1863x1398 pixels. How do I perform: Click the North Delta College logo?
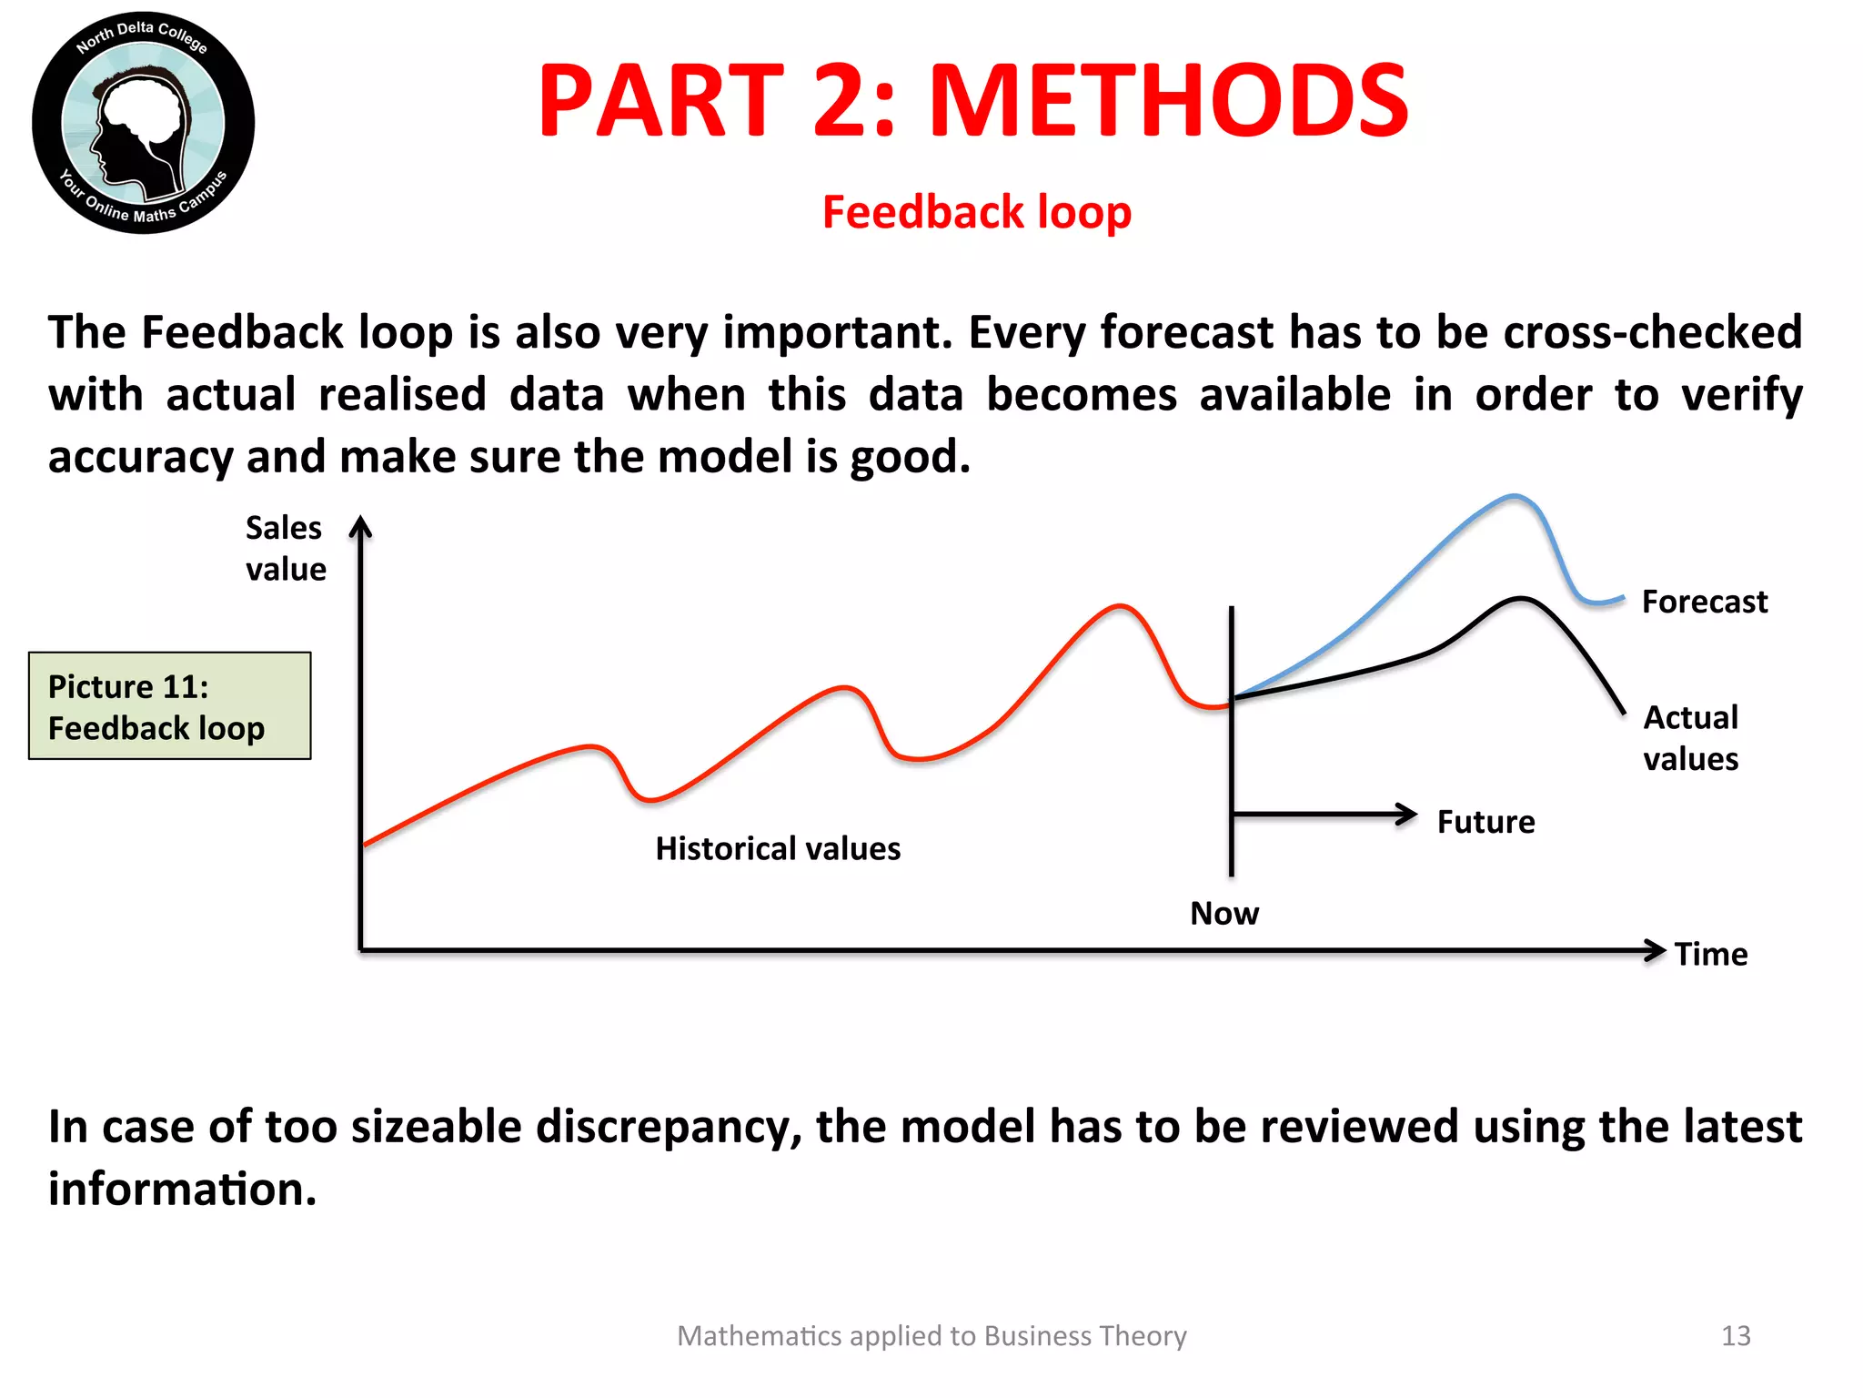point(143,123)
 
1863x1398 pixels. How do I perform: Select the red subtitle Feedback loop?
point(976,212)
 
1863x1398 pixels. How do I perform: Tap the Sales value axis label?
point(285,548)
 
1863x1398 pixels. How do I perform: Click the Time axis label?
point(1710,954)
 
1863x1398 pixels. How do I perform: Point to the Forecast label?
point(1704,602)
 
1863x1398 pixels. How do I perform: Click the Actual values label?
point(1690,737)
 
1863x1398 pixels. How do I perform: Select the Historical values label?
point(778,848)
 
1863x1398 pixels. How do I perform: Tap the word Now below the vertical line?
point(1224,913)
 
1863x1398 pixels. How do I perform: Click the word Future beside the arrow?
point(1485,822)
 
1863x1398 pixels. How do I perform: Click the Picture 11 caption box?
point(170,705)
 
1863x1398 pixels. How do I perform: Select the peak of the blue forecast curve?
point(1514,496)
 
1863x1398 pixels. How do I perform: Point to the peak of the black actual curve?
point(1520,598)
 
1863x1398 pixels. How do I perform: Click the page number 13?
point(1736,1335)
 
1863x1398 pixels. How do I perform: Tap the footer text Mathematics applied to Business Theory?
point(931,1335)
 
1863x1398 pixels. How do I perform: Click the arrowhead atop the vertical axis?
point(361,526)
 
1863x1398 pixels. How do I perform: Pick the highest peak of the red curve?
point(1121,605)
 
